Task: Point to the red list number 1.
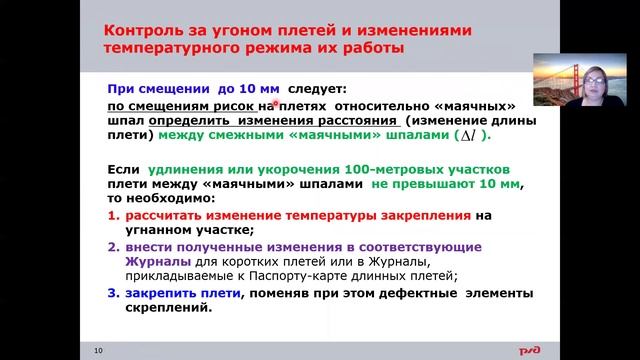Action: click(112, 213)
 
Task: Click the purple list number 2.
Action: click(112, 247)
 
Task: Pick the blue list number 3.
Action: click(112, 292)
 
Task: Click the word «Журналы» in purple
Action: click(156, 261)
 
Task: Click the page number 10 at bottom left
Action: click(98, 349)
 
